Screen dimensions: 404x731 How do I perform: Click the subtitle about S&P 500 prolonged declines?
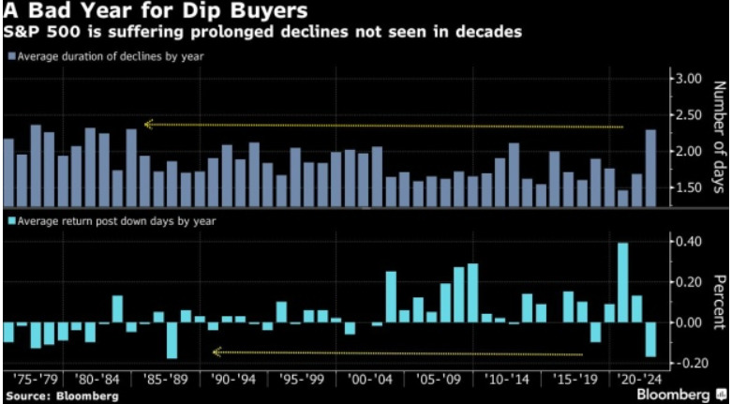tap(262, 33)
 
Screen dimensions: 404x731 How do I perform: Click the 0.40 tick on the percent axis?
tap(689, 242)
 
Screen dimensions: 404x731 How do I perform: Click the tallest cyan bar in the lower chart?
tap(622, 283)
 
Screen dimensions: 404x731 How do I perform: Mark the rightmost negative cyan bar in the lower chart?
tap(649, 340)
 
